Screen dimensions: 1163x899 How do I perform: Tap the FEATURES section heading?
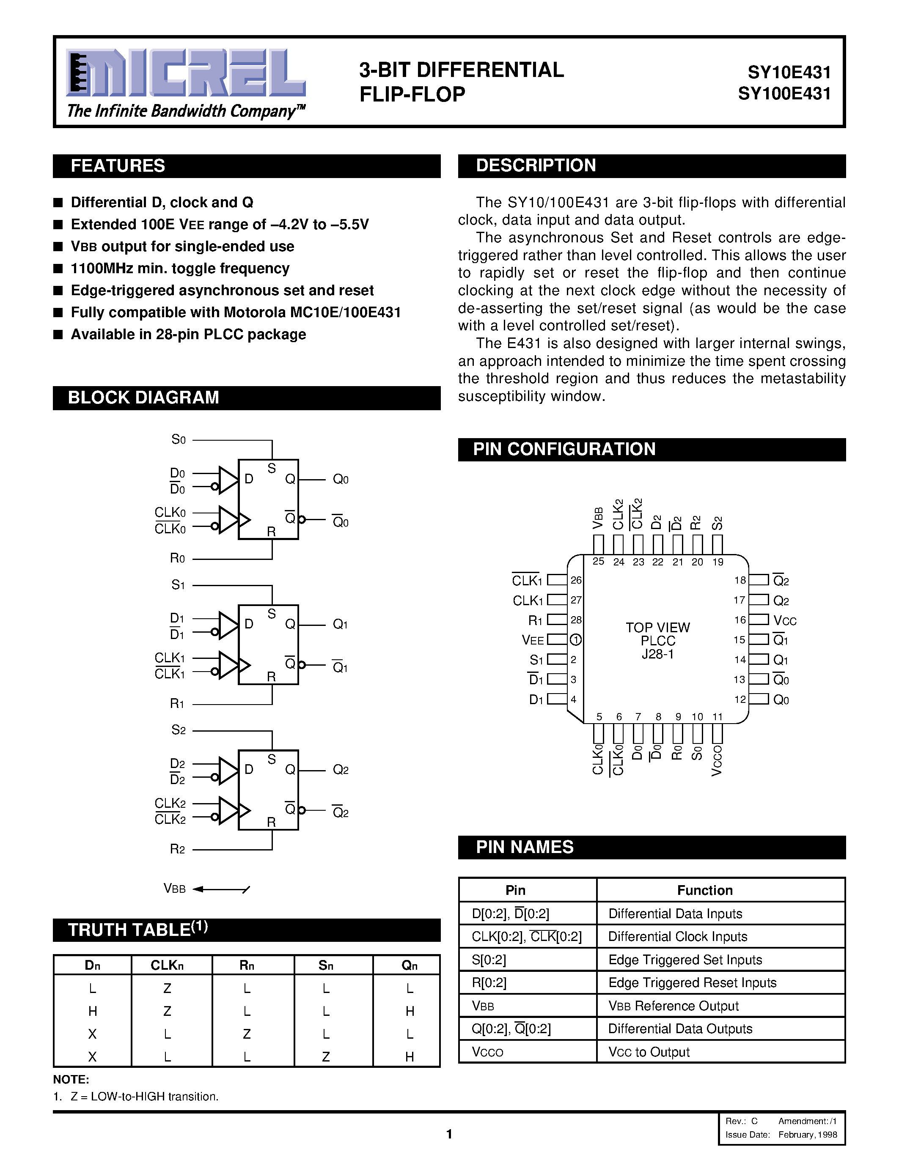pyautogui.click(x=118, y=166)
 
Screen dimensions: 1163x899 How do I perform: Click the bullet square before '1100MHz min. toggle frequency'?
pyautogui.click(x=58, y=269)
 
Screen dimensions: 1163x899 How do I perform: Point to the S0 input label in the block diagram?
pyautogui.click(x=179, y=440)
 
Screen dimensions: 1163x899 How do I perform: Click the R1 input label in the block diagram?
pyautogui.click(x=177, y=703)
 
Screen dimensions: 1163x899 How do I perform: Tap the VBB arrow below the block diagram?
pyautogui.click(x=221, y=889)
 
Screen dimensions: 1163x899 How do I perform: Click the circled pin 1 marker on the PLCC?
pyautogui.click(x=576, y=639)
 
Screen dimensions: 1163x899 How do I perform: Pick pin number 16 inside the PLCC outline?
pyautogui.click(x=740, y=620)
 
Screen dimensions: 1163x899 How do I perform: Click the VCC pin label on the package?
pyautogui.click(x=784, y=621)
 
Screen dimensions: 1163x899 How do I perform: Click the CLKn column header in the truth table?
pyautogui.click(x=167, y=966)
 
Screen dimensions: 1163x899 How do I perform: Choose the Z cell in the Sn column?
pyautogui.click(x=326, y=1056)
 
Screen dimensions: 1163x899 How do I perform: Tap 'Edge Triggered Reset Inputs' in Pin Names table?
pyautogui.click(x=693, y=983)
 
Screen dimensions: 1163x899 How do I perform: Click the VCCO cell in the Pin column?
pyautogui.click(x=487, y=1052)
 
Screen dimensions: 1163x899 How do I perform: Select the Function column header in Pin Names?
pyautogui.click(x=705, y=890)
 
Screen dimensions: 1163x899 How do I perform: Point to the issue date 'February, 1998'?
pyautogui.click(x=807, y=1135)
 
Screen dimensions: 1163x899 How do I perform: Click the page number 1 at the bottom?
pyautogui.click(x=449, y=1134)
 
